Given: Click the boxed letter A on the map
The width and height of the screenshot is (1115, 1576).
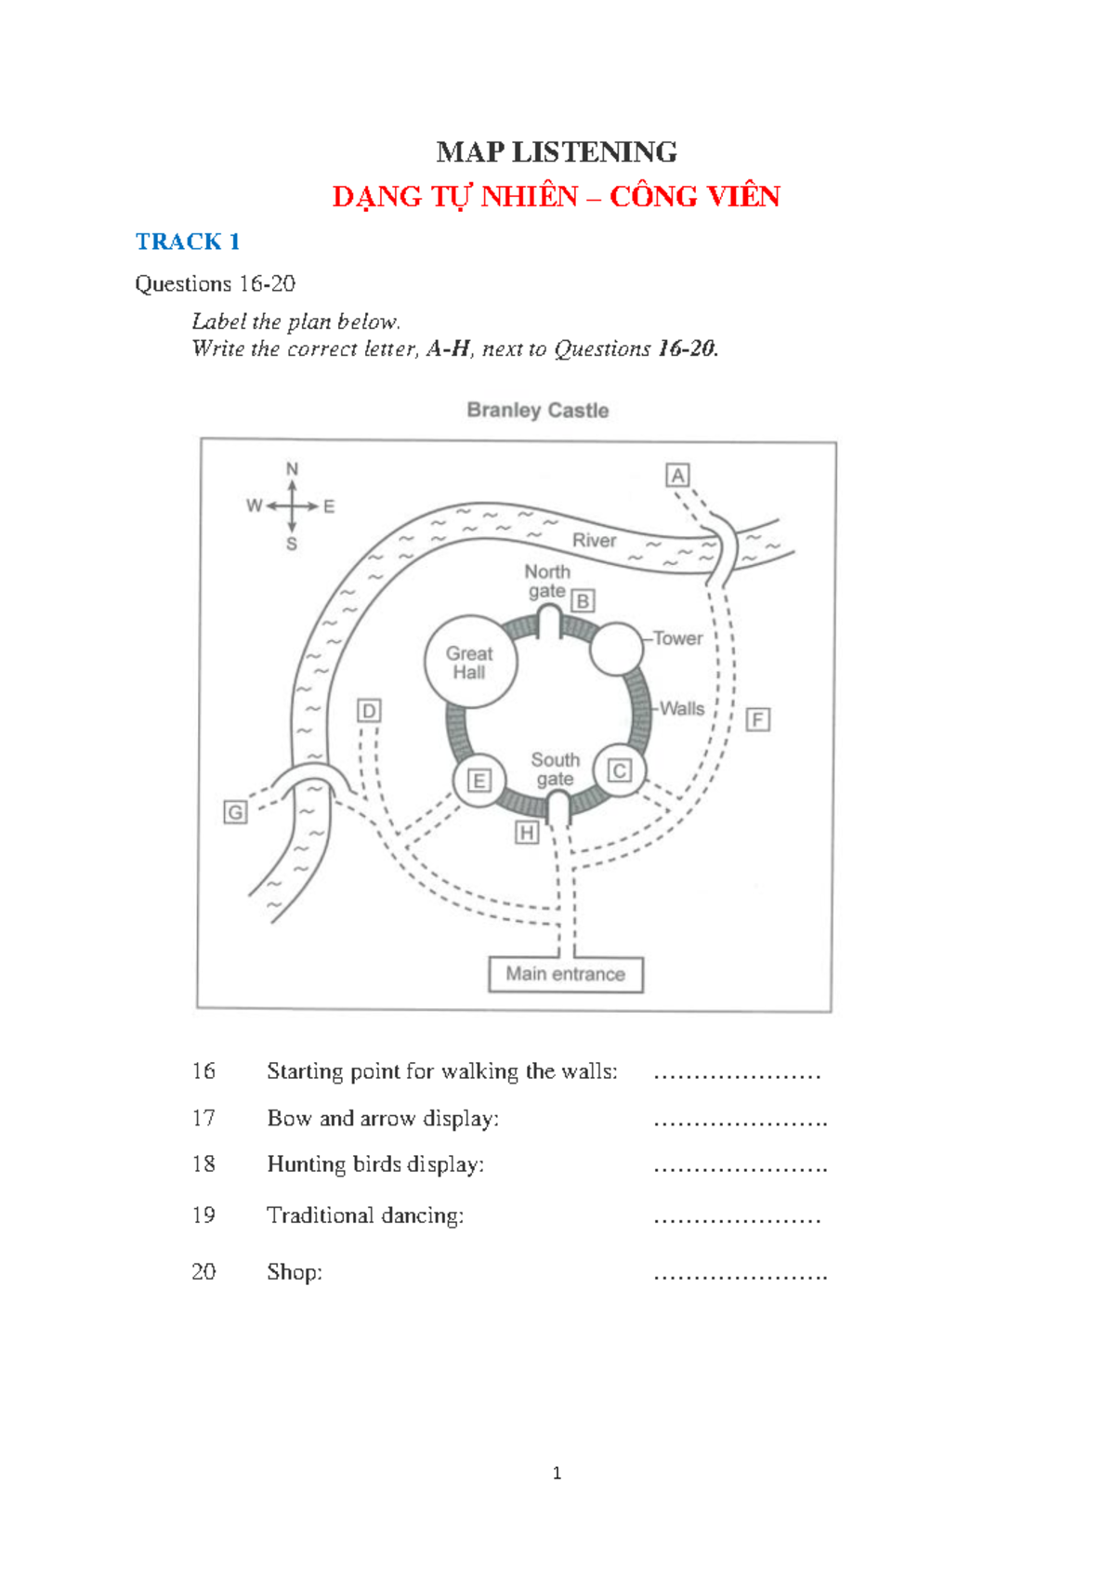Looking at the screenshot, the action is pyautogui.click(x=677, y=476).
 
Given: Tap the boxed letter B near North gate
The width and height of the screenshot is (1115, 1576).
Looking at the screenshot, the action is pyautogui.click(x=583, y=601).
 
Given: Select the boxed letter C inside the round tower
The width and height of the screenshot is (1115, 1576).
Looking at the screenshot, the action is pyautogui.click(x=619, y=770).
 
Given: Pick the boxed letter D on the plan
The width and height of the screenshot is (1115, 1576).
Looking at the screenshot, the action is pyautogui.click(x=369, y=711).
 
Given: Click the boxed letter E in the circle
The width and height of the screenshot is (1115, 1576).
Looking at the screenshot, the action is pyautogui.click(x=479, y=781).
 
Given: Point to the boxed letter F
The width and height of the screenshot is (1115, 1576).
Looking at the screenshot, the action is pyautogui.click(x=757, y=720).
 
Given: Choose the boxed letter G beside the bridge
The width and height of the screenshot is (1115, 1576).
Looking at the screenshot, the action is pyautogui.click(x=235, y=812).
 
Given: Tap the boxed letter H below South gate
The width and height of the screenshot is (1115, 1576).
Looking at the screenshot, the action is pyautogui.click(x=526, y=833).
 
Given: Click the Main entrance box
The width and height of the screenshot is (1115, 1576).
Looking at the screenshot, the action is pyautogui.click(x=566, y=975).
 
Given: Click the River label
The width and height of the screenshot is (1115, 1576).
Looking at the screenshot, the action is pyautogui.click(x=594, y=540).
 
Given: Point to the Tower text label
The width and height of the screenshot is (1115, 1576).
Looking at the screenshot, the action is pyautogui.click(x=677, y=638).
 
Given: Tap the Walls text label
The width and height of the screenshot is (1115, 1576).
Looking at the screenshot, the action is pyautogui.click(x=682, y=708).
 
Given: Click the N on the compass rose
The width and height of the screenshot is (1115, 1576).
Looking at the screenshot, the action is pyautogui.click(x=292, y=468).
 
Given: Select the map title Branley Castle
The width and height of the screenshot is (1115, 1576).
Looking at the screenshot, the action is pyautogui.click(x=537, y=410).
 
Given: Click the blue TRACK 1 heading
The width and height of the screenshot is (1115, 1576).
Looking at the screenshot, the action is pyautogui.click(x=188, y=242).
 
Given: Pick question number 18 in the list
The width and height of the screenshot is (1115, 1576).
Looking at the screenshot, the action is pyautogui.click(x=203, y=1163).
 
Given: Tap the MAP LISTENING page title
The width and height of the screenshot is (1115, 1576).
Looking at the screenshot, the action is pyautogui.click(x=557, y=152).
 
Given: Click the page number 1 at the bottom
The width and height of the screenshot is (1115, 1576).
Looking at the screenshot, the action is pyautogui.click(x=557, y=1473).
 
